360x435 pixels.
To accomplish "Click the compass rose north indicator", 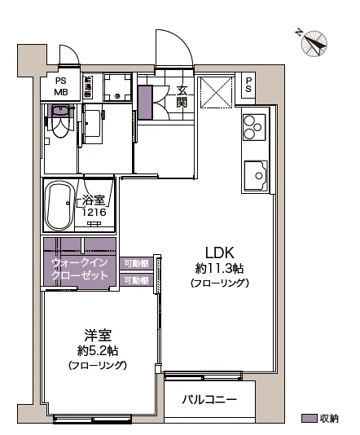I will pos(312,42).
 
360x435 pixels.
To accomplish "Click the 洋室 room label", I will pos(97,334).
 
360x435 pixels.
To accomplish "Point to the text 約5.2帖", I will pos(97,350).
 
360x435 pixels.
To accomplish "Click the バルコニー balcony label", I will pos(209,400).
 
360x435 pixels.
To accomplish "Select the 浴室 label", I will pos(91,200).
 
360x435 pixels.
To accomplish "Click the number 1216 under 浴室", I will pos(92,213).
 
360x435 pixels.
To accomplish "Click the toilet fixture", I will pos(59,127).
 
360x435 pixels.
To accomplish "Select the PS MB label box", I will pos(61,86).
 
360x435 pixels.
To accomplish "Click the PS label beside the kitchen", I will pos(249,86).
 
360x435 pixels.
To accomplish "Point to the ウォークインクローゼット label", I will pos(80,270).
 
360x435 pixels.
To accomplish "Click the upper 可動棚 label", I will pos(136,263).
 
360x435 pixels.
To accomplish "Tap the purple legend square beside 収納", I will pos(309,418).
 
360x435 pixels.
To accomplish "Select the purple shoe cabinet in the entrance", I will pos(144,101).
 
